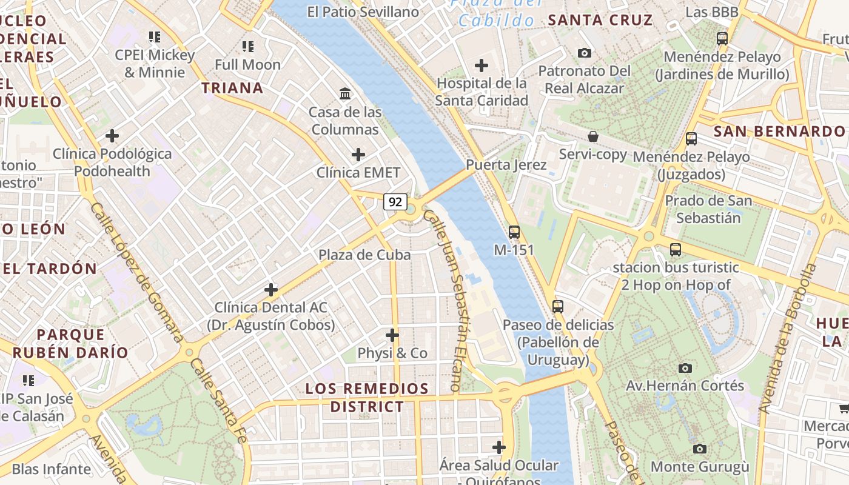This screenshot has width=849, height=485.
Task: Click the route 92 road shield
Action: point(395,202)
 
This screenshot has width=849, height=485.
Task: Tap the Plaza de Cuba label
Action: point(364,255)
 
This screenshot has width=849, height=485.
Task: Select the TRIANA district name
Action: point(232,88)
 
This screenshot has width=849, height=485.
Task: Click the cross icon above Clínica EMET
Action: point(358,155)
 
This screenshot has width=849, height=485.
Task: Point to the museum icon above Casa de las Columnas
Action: point(346,93)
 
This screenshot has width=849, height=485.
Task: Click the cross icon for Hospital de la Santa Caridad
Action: point(482,65)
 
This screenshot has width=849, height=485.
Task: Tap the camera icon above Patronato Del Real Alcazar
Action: point(585,53)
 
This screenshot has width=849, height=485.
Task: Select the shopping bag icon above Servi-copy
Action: point(593,136)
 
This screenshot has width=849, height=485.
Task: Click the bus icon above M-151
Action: point(514,232)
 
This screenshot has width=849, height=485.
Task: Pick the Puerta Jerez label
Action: point(506,165)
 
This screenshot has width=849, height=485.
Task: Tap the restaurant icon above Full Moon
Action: point(247,46)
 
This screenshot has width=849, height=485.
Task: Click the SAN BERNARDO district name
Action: point(779,132)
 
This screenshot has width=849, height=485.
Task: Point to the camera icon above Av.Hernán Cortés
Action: point(685,368)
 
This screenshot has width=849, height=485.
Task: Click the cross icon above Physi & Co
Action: point(392,335)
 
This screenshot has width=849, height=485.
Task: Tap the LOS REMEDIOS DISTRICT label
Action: point(367,397)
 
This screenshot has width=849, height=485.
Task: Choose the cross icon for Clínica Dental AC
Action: point(271,290)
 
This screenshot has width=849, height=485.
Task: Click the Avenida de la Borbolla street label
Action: point(787,339)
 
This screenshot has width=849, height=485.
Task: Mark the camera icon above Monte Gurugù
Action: point(700,449)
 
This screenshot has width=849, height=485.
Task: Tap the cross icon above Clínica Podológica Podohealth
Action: point(112,136)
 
